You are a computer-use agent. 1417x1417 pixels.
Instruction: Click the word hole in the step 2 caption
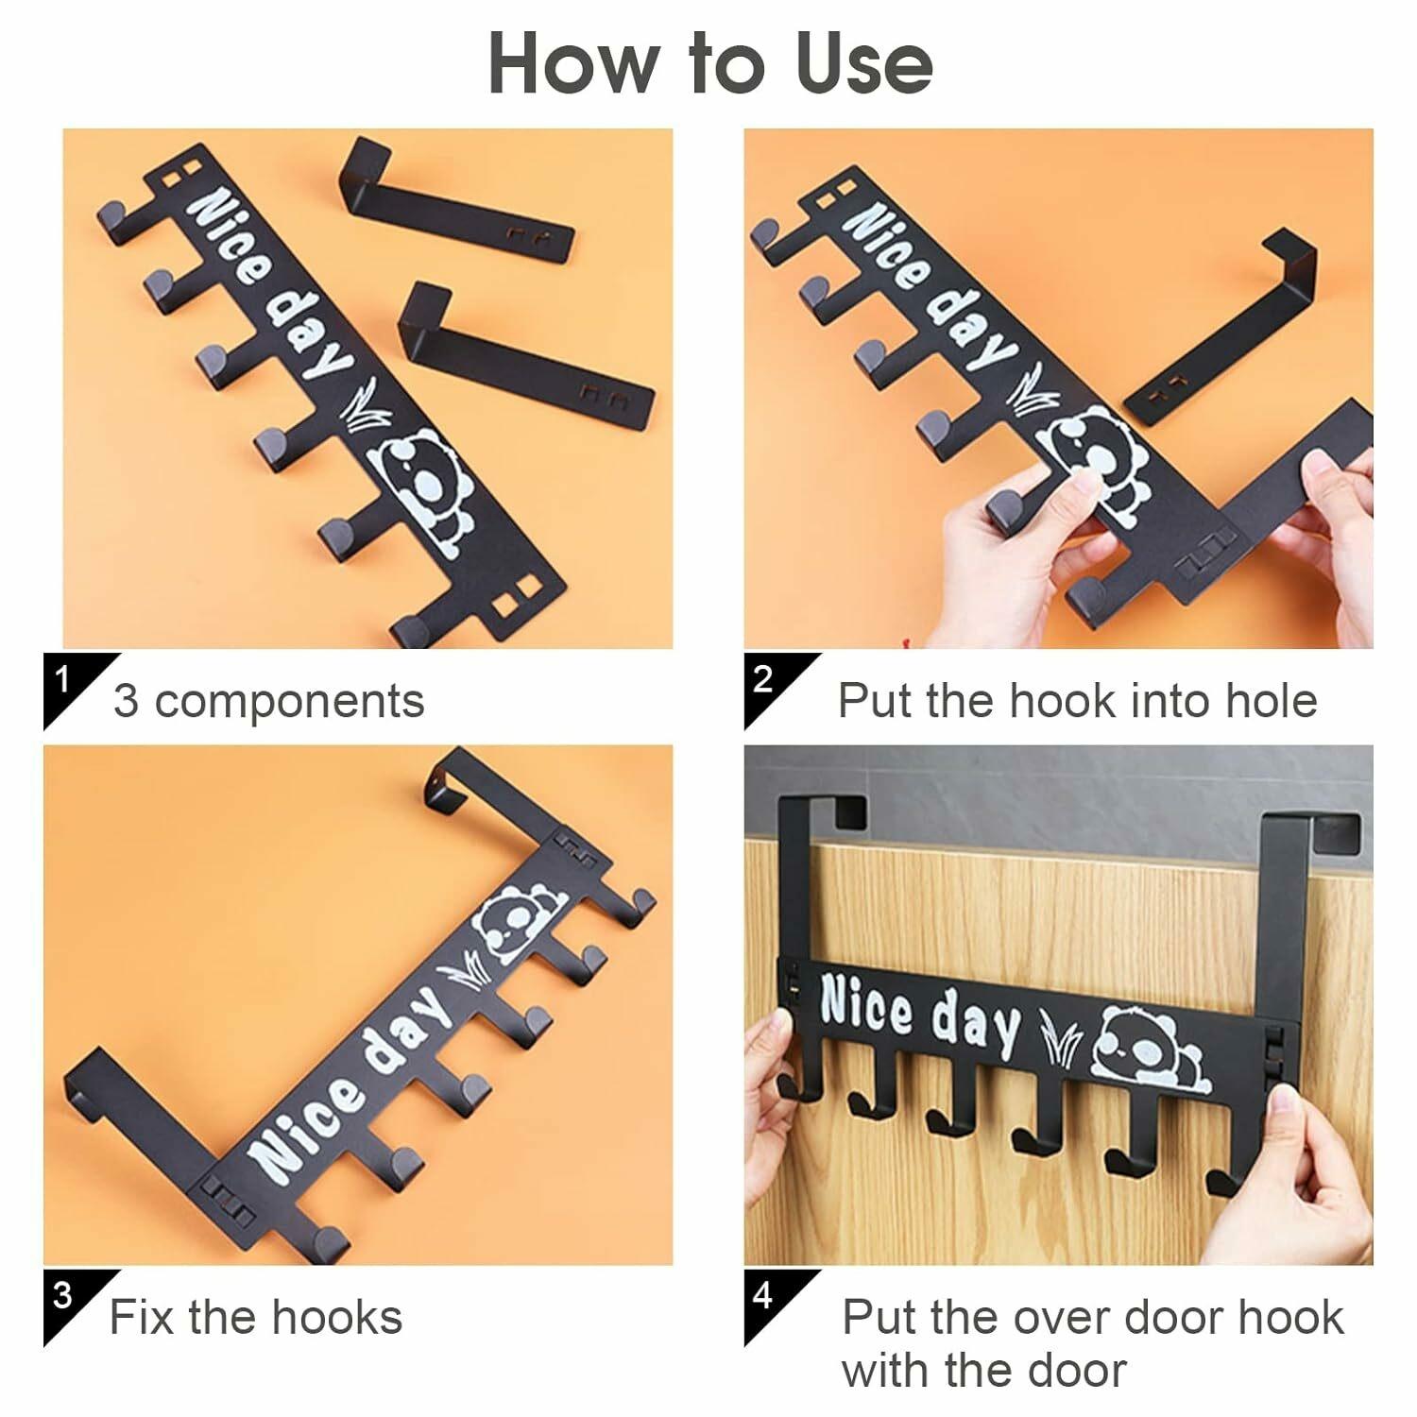[1271, 701]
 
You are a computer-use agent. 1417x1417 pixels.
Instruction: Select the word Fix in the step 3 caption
[143, 1317]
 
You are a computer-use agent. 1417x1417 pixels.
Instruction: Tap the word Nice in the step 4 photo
[866, 1005]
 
